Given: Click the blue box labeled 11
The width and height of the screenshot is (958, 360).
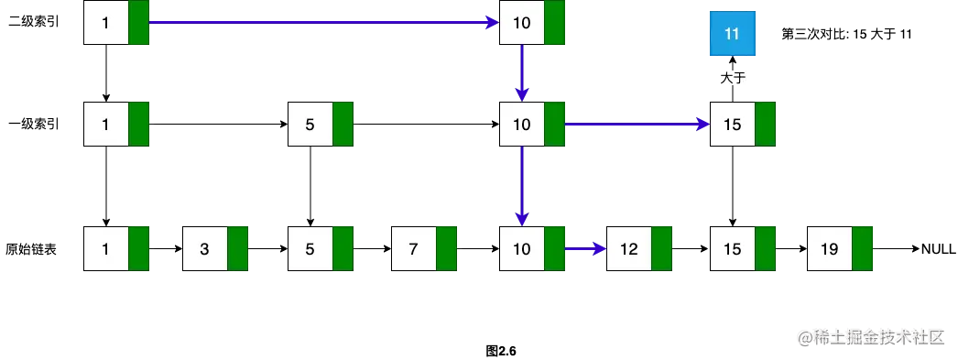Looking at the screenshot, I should click(732, 35).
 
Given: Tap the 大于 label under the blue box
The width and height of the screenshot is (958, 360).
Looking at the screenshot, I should click(732, 79).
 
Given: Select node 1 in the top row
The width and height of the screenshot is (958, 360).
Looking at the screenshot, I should click(106, 23).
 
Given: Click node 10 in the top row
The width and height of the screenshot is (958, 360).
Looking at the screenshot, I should click(522, 23).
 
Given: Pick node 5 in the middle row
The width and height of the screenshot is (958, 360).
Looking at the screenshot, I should click(310, 124).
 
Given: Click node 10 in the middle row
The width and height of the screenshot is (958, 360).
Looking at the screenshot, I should click(522, 124).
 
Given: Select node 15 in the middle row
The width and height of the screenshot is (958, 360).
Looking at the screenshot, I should click(733, 124).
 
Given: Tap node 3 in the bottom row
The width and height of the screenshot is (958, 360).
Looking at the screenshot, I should click(205, 248).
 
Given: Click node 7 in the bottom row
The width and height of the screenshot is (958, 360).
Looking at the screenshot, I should click(413, 248).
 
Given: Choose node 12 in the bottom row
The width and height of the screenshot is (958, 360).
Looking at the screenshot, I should click(629, 248).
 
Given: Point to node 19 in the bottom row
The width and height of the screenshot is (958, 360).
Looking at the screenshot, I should click(830, 248).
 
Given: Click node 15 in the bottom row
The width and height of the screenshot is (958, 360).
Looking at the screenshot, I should click(733, 248).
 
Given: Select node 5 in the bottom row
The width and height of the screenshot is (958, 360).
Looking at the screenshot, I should click(310, 248).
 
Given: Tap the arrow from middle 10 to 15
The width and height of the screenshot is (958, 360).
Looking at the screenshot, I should click(638, 124).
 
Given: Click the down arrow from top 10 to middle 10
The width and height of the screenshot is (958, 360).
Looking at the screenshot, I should click(522, 71).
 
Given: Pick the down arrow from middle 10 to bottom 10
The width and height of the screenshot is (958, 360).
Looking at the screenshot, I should click(522, 183).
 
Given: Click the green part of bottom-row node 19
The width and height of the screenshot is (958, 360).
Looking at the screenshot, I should click(863, 248).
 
